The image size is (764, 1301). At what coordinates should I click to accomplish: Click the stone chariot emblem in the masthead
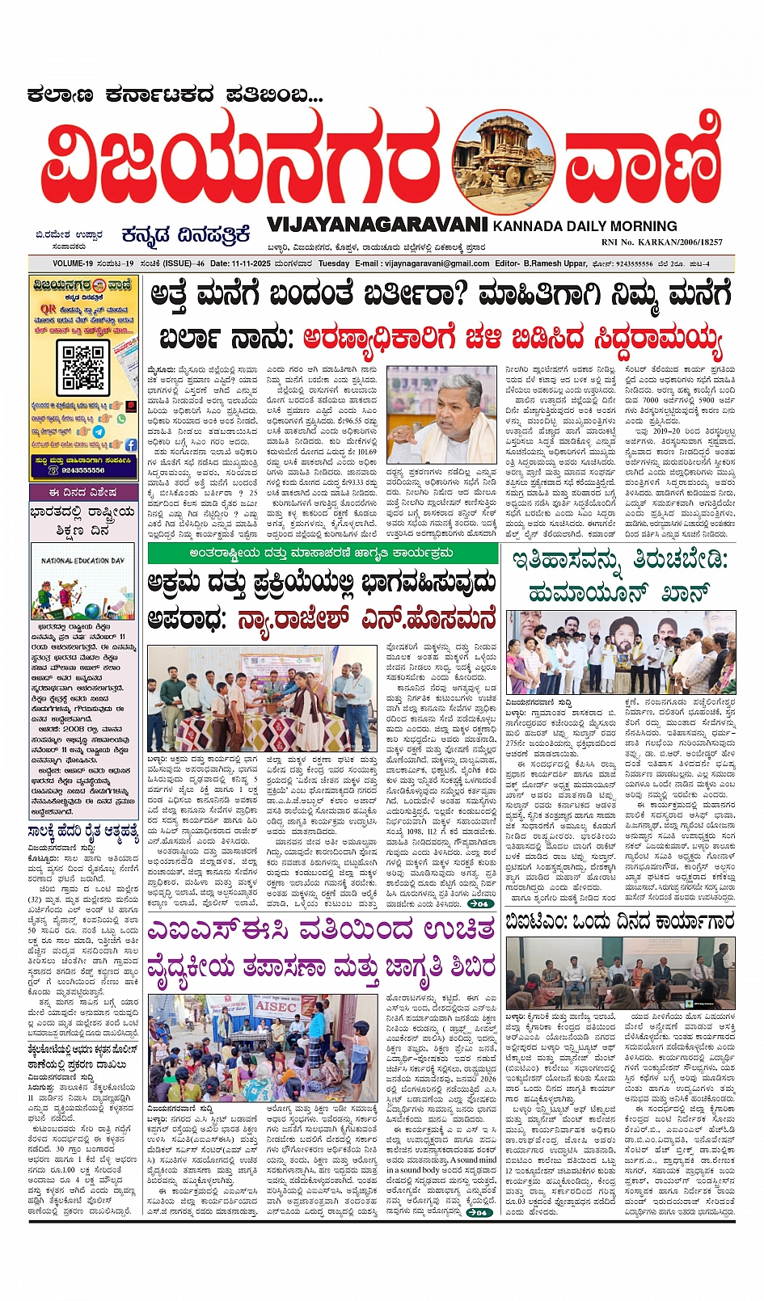[x=491, y=166]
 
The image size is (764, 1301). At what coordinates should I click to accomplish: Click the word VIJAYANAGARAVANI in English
[x=377, y=224]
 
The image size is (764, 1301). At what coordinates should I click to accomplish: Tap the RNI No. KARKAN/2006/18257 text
[x=661, y=242]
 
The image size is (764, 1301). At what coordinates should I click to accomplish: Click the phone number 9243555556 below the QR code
[x=82, y=469]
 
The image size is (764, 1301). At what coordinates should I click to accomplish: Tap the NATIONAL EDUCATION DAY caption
[x=83, y=560]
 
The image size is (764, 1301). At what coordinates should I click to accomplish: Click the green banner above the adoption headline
[x=323, y=554]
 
